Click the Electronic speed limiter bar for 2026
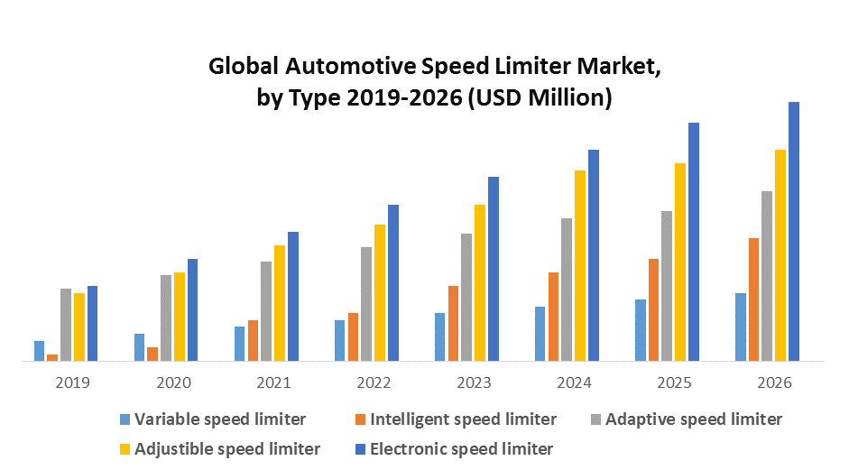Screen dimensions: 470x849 coord(794,231)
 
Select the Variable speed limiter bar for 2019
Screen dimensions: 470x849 coord(39,351)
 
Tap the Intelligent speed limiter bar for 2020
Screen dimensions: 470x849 coord(152,354)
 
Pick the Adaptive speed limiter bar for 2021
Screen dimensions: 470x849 coord(266,311)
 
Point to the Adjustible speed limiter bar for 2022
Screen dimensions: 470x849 coord(380,292)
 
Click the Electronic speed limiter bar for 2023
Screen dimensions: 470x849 coord(494,269)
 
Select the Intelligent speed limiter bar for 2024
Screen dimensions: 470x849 coord(553,317)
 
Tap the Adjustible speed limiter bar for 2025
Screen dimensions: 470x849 coord(680,262)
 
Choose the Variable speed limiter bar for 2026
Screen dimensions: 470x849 coord(741,327)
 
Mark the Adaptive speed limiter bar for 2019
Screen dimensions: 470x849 coord(66,325)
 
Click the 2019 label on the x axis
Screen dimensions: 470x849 coord(72,382)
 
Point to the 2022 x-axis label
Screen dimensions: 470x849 coord(374,382)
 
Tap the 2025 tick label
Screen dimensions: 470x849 coord(674,382)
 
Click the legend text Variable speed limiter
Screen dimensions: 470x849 coord(220,419)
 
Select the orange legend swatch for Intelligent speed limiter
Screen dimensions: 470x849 coord(361,419)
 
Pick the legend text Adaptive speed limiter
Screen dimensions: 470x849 coord(694,419)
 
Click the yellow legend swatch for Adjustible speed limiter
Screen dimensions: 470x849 coord(125,448)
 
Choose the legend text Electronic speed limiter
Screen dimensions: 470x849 coord(461,448)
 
